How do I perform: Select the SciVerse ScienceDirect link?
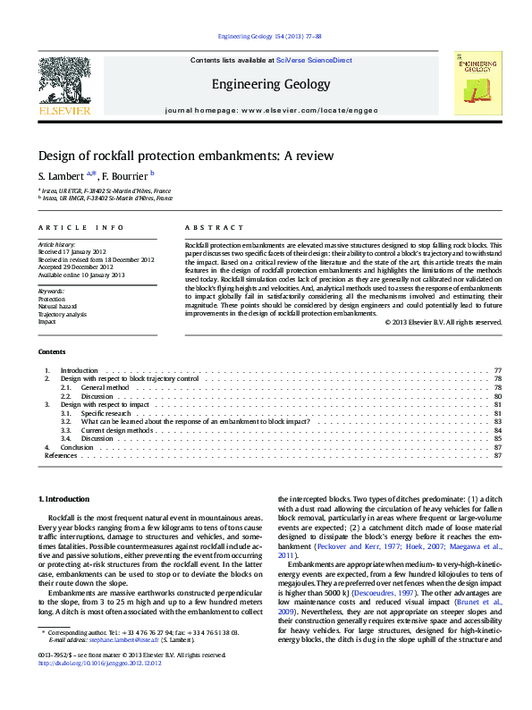click(314, 60)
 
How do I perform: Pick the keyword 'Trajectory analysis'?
click(62, 314)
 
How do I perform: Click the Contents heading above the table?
click(52, 352)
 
